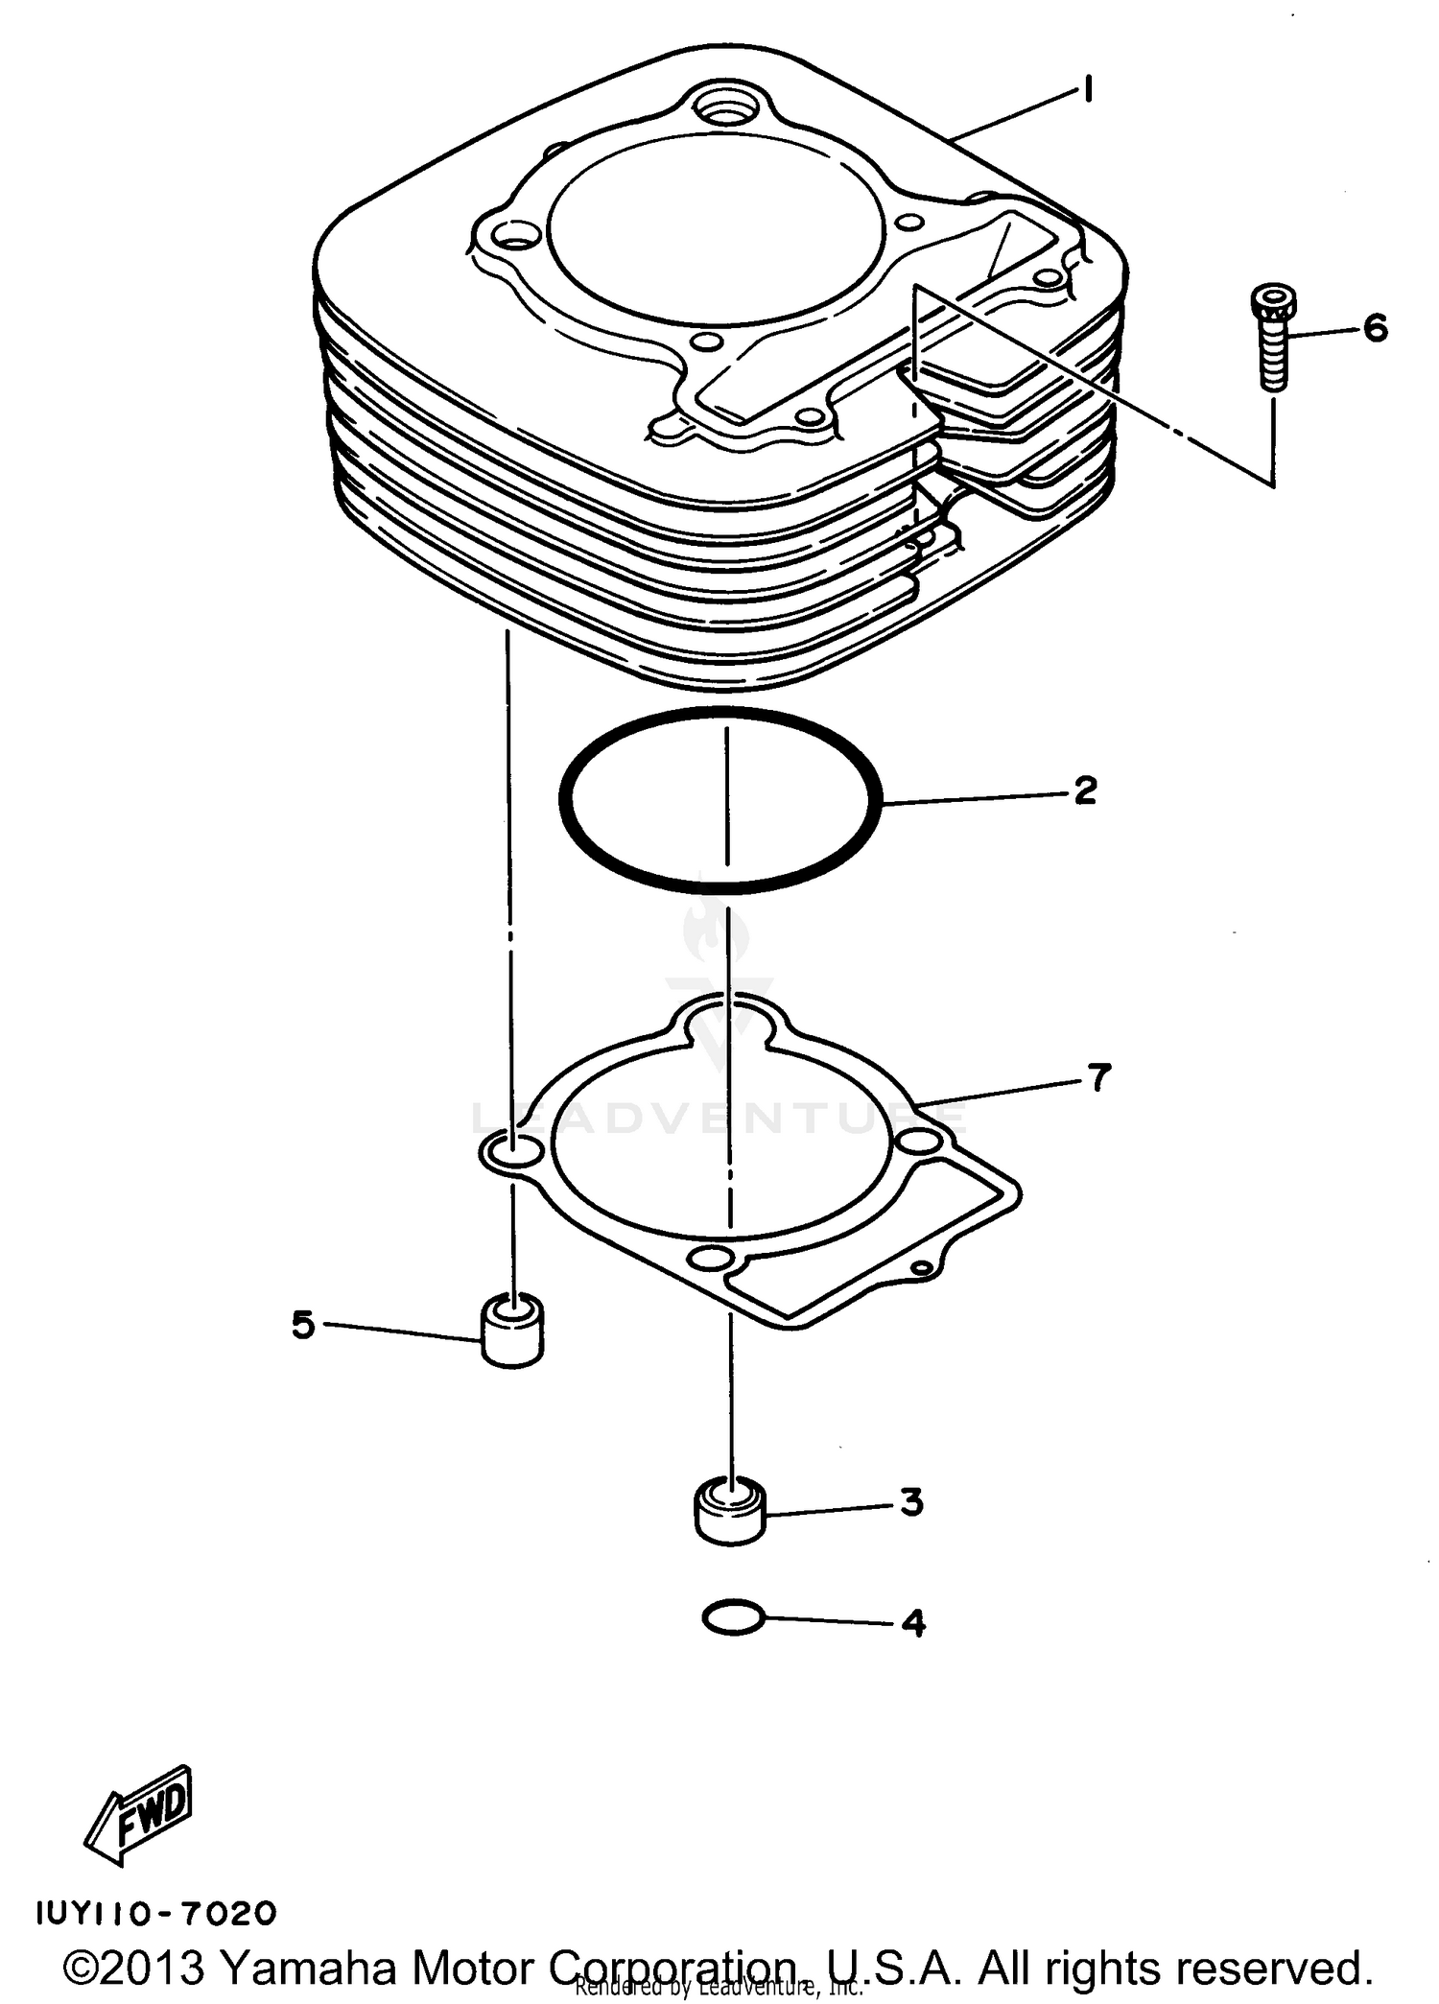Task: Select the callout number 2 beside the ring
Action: (x=1084, y=790)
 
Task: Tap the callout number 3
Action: (x=910, y=1502)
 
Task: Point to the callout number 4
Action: (x=912, y=1623)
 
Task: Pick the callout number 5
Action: (x=303, y=1326)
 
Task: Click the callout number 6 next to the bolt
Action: (x=1375, y=329)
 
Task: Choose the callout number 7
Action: (x=1097, y=1077)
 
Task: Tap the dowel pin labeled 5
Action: (x=512, y=1330)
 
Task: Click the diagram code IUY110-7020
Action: (x=156, y=1915)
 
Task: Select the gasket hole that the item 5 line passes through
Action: (x=512, y=1149)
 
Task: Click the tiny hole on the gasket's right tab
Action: (x=920, y=1269)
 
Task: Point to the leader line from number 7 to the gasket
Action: (x=998, y=1092)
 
